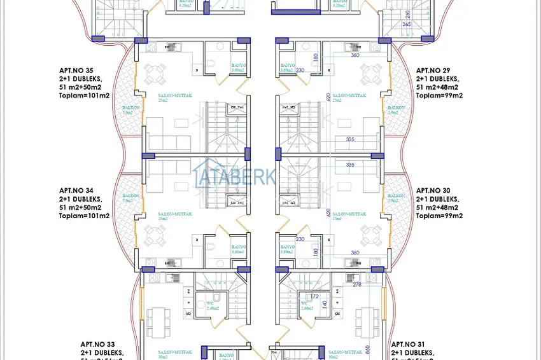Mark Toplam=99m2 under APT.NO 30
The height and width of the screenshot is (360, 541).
coord(439,216)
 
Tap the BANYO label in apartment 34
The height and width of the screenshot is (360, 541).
coord(239,247)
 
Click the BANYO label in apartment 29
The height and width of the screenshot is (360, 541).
coord(288,66)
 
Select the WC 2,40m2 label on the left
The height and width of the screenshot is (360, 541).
coord(202,305)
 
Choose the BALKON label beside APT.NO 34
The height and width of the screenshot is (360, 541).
coord(131,196)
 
